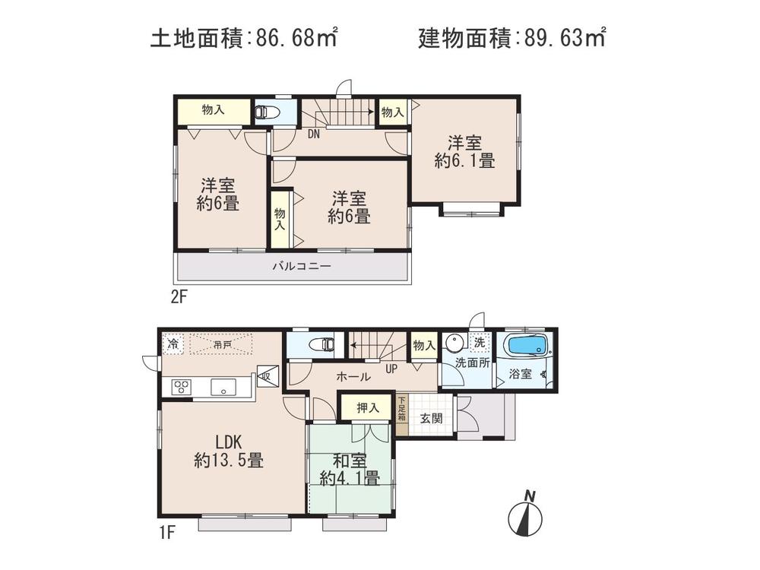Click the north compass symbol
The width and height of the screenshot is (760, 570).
[x=525, y=516]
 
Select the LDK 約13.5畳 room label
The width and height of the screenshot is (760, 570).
[x=228, y=451]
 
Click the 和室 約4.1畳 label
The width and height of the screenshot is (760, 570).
[x=349, y=469]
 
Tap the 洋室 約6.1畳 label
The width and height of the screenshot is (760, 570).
[x=464, y=151]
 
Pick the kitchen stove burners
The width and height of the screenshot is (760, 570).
[x=182, y=386]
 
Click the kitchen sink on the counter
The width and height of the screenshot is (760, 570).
[x=223, y=386]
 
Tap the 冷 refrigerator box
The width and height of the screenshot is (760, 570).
[x=173, y=344]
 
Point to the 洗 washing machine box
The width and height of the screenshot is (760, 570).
[x=479, y=343]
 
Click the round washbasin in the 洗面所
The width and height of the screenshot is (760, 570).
[x=454, y=342]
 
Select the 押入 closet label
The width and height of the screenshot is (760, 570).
[x=368, y=408]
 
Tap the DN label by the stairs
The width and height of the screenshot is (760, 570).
[x=313, y=135]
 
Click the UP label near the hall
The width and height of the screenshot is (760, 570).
[x=392, y=369]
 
